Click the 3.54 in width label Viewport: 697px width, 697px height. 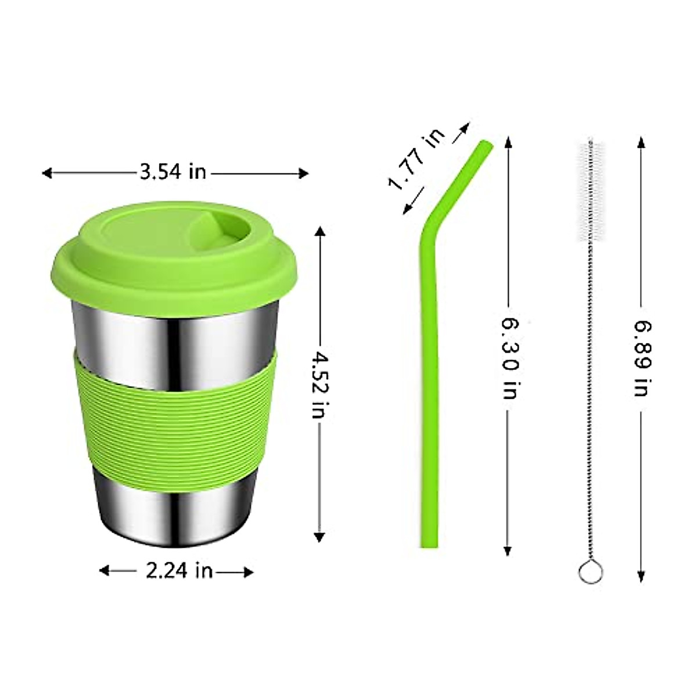tap(173, 172)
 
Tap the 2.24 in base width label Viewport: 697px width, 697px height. tap(178, 571)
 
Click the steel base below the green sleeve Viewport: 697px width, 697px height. tap(174, 505)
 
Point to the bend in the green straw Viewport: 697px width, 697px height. tap(430, 227)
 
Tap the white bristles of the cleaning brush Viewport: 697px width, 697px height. tap(590, 192)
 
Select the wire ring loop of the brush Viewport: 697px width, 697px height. tap(591, 572)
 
